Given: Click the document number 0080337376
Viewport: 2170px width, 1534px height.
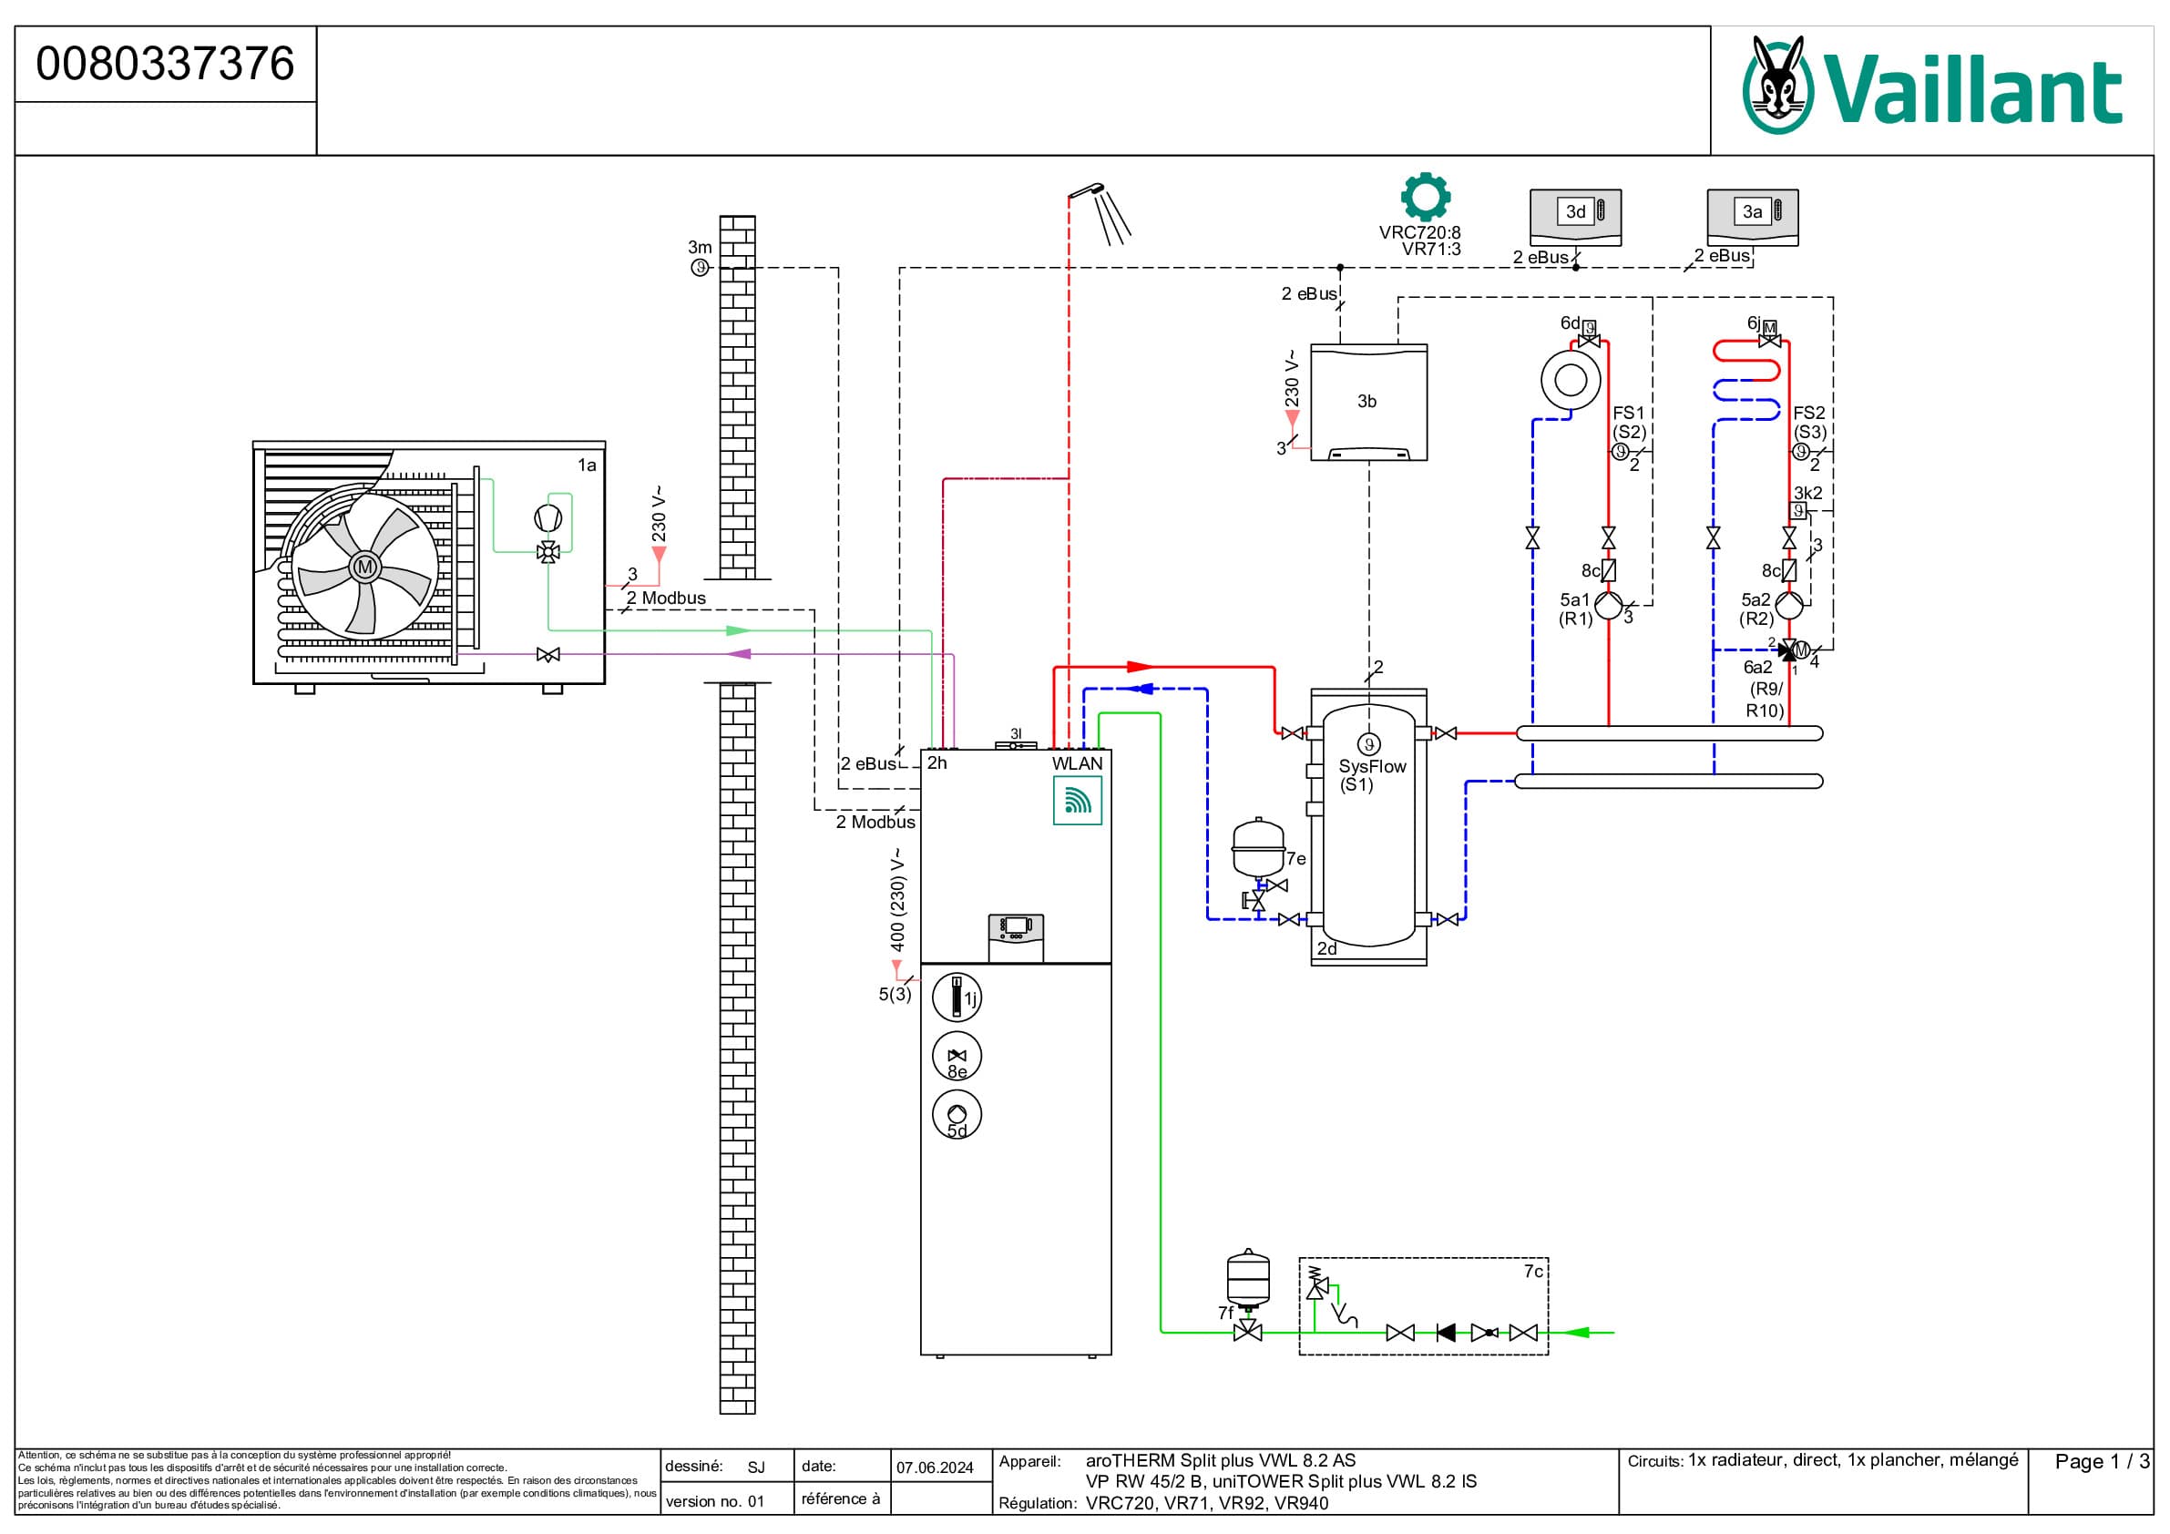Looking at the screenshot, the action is (165, 65).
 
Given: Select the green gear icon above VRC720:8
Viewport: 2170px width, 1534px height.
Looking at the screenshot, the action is (1425, 197).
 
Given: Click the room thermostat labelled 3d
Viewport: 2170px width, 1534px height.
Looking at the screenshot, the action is (1575, 218).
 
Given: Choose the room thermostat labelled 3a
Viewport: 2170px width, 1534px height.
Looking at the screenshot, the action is (1752, 218).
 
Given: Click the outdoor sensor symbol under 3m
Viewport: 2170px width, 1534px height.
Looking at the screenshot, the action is (700, 268).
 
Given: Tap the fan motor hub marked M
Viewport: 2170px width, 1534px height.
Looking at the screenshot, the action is (364, 568).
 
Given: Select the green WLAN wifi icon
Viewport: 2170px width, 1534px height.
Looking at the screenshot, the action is (1078, 801).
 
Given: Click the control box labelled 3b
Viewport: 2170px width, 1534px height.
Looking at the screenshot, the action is (1367, 402).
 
